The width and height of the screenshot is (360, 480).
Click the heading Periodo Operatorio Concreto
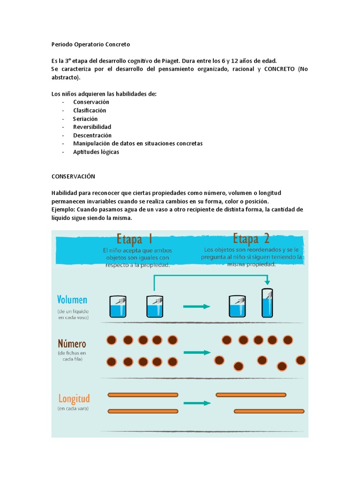tap(90, 45)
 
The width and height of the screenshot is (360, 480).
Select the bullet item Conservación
tap(91, 102)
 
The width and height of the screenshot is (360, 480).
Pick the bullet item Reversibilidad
tap(92, 127)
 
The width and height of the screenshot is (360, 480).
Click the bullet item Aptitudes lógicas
tap(96, 152)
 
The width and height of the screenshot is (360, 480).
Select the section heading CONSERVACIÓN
tap(73, 177)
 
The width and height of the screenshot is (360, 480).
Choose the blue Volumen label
tap(72, 300)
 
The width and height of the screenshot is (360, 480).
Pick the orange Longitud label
tap(74, 399)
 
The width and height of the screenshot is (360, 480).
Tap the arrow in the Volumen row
tap(196, 307)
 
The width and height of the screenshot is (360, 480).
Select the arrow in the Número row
tap(196, 352)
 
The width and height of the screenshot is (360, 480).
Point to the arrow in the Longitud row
tap(196, 403)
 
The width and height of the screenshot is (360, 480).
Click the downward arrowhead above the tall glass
tap(267, 282)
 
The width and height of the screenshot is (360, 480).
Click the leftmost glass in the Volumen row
tap(117, 307)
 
